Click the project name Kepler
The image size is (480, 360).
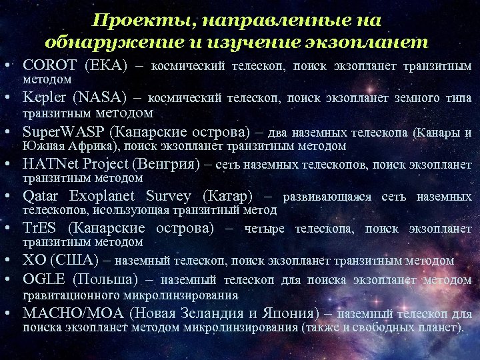(x=45, y=99)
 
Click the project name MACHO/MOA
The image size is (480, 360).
(x=73, y=313)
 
